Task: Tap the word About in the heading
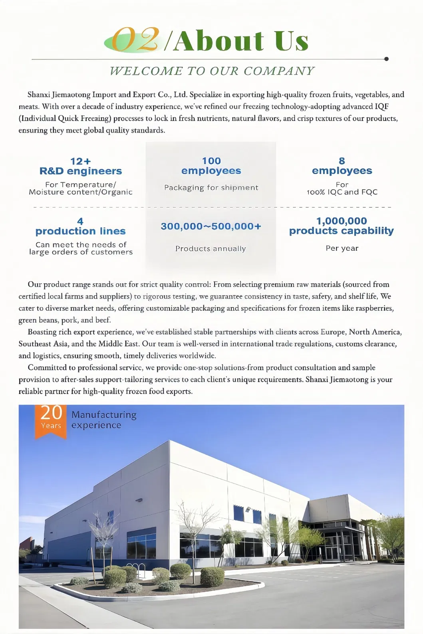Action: click(219, 41)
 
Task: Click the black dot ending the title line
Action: click(386, 59)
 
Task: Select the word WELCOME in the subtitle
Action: click(146, 71)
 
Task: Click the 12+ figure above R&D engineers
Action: click(80, 161)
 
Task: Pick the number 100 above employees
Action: click(211, 161)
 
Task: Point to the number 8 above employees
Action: click(342, 161)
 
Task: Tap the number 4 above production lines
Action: click(80, 222)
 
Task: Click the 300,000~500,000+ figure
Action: click(211, 226)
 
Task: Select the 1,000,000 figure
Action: click(342, 221)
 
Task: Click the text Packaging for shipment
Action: click(211, 188)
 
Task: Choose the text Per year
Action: click(342, 248)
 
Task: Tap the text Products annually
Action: click(211, 249)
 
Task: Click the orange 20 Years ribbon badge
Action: click(51, 421)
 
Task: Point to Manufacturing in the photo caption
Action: click(104, 415)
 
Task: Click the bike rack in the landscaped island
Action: click(138, 567)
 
